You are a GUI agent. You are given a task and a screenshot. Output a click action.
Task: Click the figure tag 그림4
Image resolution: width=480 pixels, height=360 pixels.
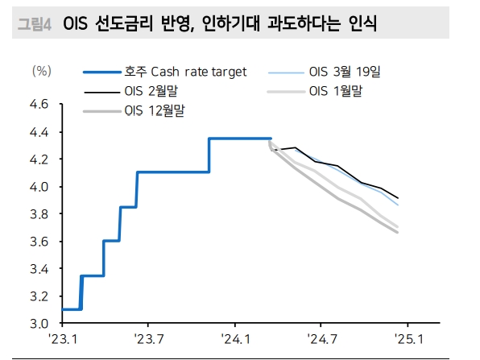coord(34,25)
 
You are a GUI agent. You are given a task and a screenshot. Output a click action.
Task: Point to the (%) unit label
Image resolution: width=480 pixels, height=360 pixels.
coord(41,71)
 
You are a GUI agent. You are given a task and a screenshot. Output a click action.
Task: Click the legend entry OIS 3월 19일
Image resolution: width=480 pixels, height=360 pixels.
coord(344,72)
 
